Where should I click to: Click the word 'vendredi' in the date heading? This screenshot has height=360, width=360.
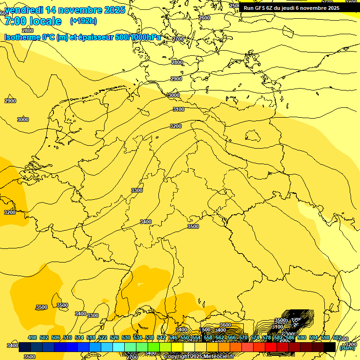(x=25, y=10)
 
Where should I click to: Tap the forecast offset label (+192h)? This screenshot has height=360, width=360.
(x=83, y=21)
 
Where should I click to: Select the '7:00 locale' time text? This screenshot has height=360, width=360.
(x=33, y=21)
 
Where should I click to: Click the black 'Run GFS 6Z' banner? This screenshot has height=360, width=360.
(x=292, y=8)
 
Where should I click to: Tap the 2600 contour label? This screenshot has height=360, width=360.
(x=204, y=18)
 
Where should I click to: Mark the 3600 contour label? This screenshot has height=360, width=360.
(x=225, y=325)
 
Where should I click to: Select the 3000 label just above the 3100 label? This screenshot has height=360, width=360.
(x=174, y=95)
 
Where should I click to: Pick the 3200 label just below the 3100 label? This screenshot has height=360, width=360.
(x=176, y=126)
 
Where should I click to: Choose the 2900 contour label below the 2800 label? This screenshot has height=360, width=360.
(x=176, y=79)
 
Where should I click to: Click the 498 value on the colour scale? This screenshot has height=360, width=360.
(x=32, y=337)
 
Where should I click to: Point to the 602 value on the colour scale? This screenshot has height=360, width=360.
(x=337, y=337)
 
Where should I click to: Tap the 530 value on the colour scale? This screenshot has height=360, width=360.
(x=126, y=337)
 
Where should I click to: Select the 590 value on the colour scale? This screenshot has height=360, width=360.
(x=302, y=337)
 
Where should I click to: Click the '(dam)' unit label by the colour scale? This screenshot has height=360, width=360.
(x=347, y=348)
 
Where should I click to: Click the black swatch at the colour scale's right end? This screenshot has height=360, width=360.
(x=330, y=347)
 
